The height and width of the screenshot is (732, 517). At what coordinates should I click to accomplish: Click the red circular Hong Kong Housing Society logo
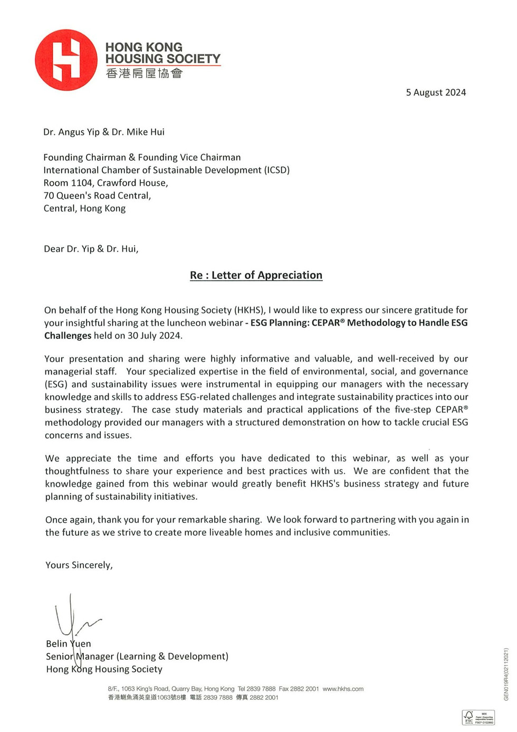(66, 60)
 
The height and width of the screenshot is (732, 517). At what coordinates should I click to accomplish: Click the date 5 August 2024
(436, 92)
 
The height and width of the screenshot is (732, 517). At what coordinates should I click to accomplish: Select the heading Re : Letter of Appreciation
(256, 275)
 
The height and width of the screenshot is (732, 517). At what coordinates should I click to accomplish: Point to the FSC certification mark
(478, 717)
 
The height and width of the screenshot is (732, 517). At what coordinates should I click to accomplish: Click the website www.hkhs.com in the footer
(343, 689)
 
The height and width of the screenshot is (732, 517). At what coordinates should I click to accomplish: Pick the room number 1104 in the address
(81, 183)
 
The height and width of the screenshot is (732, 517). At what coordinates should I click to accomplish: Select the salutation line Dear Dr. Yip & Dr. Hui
(91, 249)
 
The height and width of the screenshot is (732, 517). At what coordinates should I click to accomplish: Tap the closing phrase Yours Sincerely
(79, 565)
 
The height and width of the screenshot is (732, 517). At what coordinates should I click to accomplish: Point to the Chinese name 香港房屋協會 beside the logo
(143, 73)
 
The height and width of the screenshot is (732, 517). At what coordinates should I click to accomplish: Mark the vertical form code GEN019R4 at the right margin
(506, 674)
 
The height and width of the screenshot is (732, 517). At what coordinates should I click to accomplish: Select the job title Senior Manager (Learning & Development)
(137, 656)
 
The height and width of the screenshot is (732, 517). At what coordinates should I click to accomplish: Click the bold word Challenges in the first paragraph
(68, 335)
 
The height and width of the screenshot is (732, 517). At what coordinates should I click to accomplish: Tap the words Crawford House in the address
(132, 183)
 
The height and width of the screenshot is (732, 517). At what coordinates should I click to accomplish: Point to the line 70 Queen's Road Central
(97, 195)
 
